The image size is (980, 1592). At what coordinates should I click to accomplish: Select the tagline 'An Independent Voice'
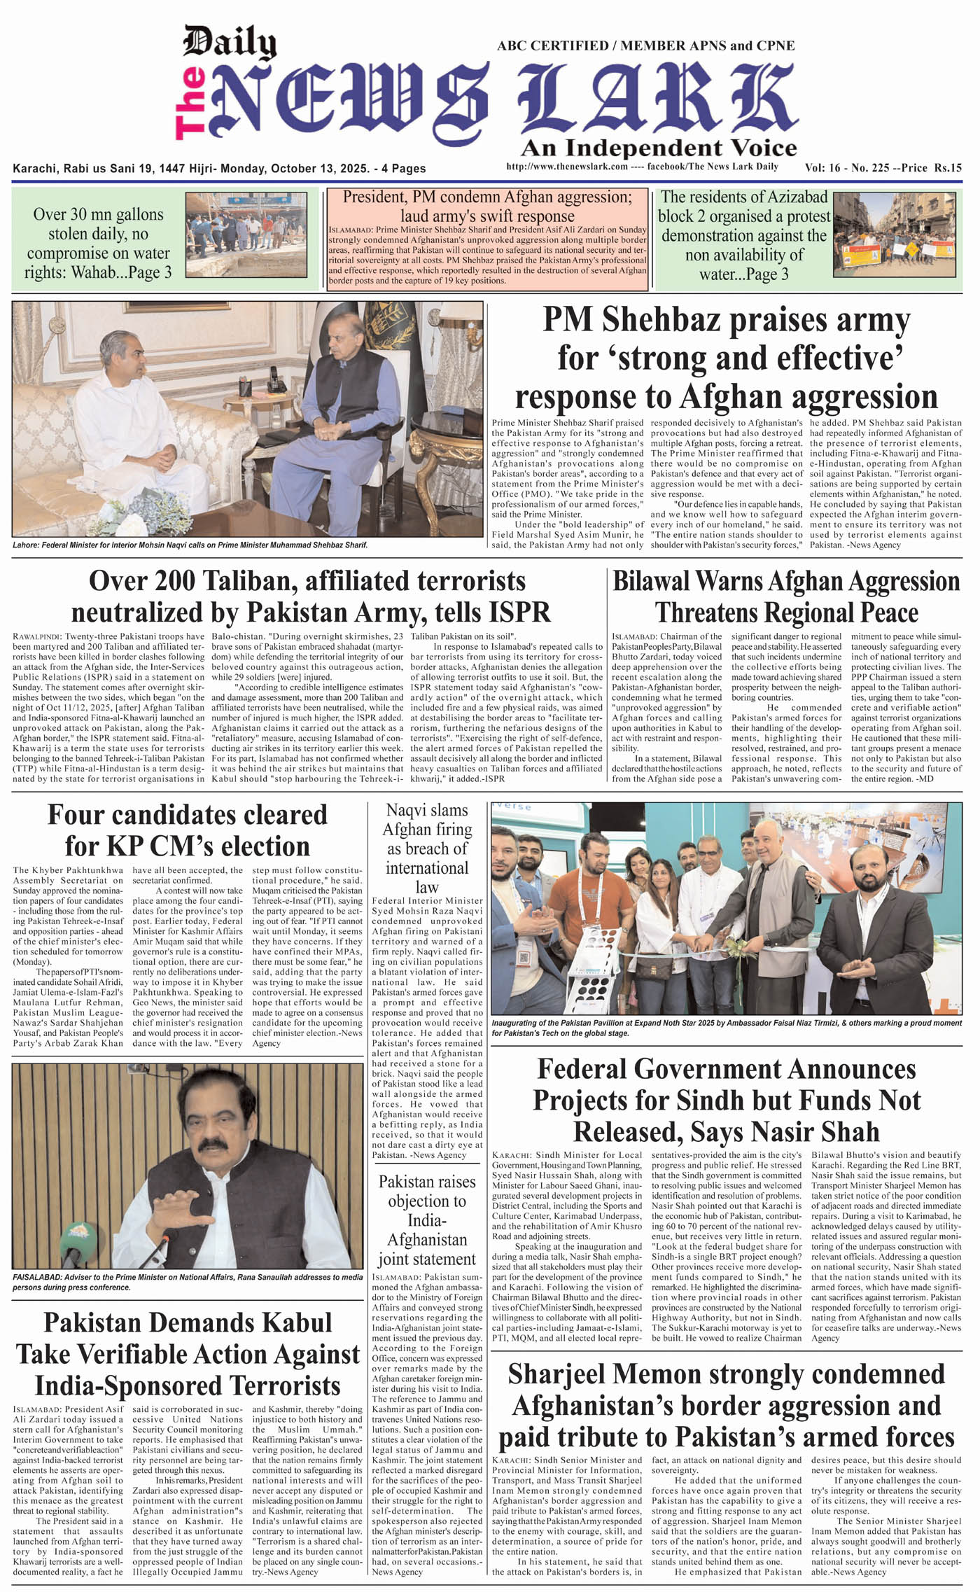[658, 148]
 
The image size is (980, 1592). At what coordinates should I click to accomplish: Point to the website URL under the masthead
[567, 167]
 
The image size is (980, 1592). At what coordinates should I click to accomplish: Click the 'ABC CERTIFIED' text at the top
[552, 46]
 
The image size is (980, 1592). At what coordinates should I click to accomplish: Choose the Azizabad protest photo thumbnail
[896, 234]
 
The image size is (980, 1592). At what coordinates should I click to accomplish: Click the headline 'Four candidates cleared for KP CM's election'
[187, 830]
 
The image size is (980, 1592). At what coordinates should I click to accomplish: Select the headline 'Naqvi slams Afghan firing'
[427, 848]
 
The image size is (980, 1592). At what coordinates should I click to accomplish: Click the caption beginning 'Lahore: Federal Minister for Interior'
[190, 545]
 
